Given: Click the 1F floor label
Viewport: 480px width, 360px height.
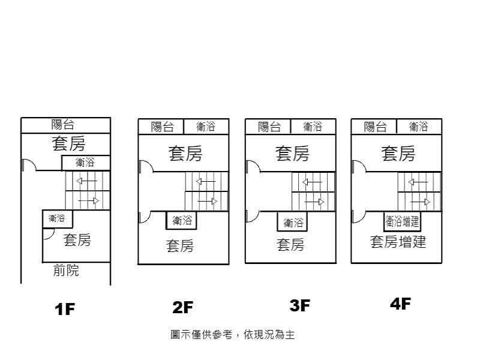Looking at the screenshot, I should pos(65,310).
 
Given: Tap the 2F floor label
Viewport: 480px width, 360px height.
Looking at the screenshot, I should pos(182,308).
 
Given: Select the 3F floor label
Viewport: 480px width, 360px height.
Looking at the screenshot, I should pos(299,306).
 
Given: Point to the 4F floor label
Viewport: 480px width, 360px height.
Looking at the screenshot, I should pos(400,304).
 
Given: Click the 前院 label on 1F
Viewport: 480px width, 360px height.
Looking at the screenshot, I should pos(66,271).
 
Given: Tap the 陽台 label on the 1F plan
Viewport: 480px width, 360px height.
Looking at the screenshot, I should pos(63,125).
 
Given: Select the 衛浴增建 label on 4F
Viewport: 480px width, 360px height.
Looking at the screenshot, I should pos(402,221).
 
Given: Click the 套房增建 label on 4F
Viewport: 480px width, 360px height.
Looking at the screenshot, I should pos(398,242).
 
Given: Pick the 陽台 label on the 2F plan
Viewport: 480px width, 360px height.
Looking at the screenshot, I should pos(162,127).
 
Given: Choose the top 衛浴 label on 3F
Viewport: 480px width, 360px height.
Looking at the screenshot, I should pos(313,127).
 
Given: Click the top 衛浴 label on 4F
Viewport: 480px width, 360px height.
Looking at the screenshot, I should pos(418,127).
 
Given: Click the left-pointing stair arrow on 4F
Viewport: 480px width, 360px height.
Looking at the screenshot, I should pos(418,181).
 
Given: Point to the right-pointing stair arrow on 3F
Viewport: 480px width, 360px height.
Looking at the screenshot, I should pos(314,202).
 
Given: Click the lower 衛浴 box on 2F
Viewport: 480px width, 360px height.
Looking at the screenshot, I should pos(182,221).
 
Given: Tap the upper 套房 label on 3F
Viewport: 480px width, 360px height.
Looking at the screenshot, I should pos(292,154).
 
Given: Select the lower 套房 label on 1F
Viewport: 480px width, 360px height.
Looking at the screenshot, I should pos(77,240).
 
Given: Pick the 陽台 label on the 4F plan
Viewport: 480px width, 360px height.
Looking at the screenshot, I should pos(375,127).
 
